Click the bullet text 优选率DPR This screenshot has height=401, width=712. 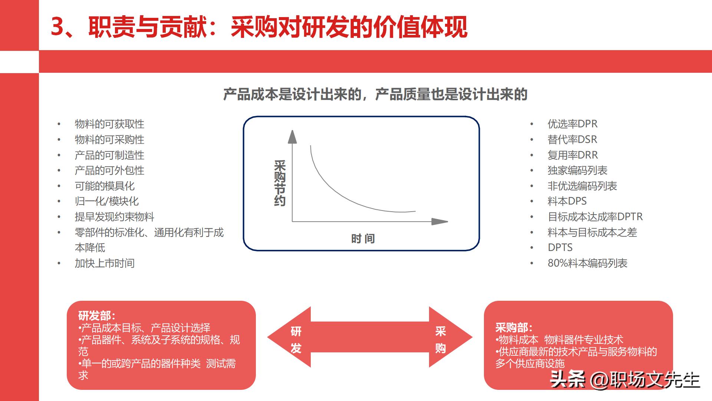(x=572, y=124)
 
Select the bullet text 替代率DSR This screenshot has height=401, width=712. (x=572, y=140)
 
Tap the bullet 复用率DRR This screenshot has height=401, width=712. (x=573, y=155)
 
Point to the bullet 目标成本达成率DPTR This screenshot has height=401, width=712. (x=595, y=217)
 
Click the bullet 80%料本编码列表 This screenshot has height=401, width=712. (x=587, y=263)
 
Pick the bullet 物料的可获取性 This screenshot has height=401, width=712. (x=109, y=124)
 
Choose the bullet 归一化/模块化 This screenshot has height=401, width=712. (x=106, y=202)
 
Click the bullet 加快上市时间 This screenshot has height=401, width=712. (x=105, y=263)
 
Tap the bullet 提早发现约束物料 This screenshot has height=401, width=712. (x=114, y=217)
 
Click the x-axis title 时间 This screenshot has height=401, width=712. (x=363, y=239)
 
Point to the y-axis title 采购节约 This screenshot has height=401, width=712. (x=280, y=183)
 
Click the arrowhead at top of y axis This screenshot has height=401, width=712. (x=292, y=137)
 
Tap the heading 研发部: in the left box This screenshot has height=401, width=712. (x=96, y=316)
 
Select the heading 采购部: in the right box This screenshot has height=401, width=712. (x=514, y=328)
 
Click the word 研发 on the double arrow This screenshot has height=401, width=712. (x=296, y=339)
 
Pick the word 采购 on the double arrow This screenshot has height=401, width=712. (x=440, y=339)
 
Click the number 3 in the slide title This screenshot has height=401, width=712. (x=57, y=27)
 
